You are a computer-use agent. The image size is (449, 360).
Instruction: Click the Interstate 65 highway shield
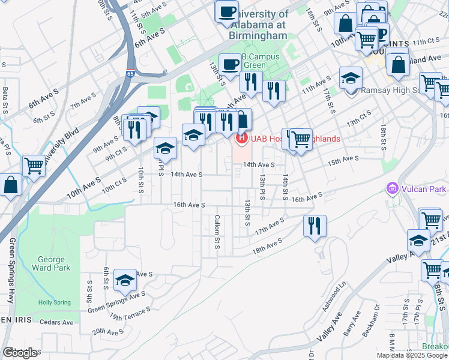tap(131, 59)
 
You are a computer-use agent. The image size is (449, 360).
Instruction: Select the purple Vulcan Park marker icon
tap(393, 189)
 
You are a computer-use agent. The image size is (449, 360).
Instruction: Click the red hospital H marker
tap(242, 139)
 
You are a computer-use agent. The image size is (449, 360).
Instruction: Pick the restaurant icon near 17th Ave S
tap(315, 226)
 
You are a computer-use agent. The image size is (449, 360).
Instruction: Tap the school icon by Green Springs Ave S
tap(125, 279)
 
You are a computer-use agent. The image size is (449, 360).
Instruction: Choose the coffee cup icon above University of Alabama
tap(227, 11)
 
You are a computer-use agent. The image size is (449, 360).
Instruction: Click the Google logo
tap(21, 352)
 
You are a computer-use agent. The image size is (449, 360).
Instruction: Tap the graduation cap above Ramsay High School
tap(351, 77)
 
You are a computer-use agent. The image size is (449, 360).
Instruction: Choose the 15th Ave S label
tap(342, 159)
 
